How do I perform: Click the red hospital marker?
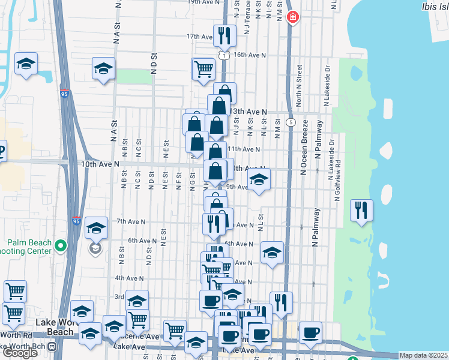(292, 17)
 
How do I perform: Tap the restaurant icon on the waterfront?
(361, 211)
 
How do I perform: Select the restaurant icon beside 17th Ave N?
(224, 37)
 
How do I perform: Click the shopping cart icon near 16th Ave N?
(203, 69)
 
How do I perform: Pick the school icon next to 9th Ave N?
(259, 179)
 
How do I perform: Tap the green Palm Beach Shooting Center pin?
(60, 245)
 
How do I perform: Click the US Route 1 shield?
(223, 55)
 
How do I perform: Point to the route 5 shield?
(291, 122)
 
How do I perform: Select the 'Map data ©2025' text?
(424, 355)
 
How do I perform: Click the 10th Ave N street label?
(101, 163)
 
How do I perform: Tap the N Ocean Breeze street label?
(304, 147)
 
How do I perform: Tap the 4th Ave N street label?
(130, 278)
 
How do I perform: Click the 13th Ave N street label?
(249, 112)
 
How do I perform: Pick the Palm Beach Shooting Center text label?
(28, 247)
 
